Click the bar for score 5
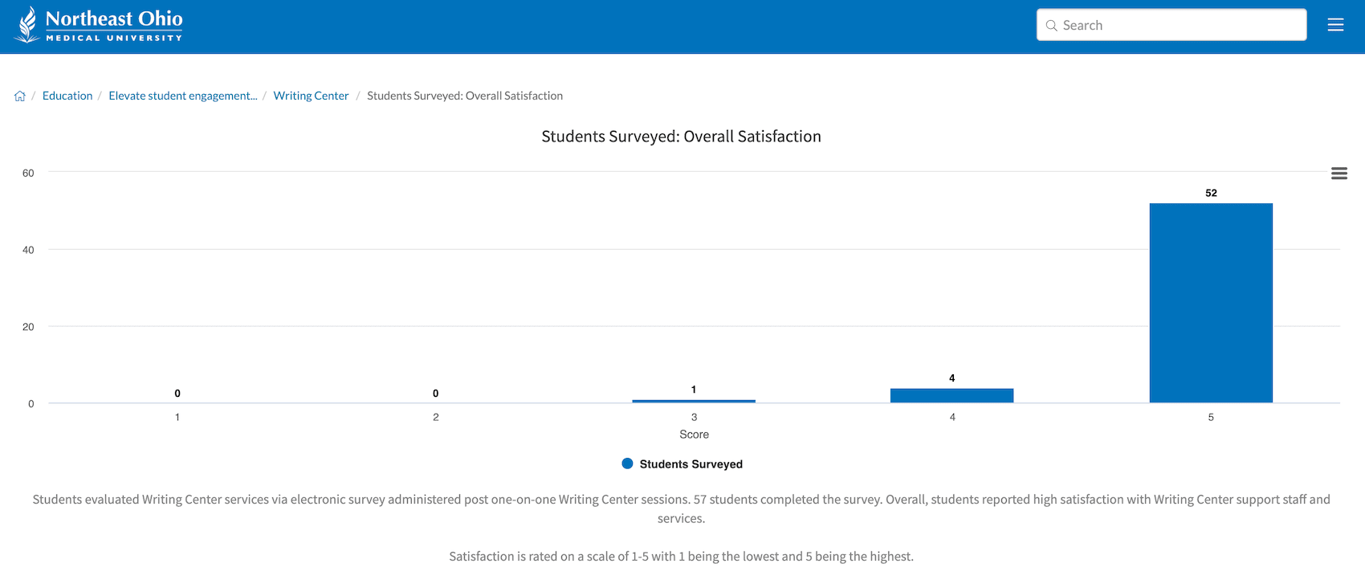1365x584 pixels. (1211, 303)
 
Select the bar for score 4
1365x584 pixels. (951, 395)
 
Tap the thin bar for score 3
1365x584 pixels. (694, 401)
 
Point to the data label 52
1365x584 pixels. (1211, 193)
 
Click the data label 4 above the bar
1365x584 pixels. (951, 378)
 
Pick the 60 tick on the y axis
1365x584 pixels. (28, 173)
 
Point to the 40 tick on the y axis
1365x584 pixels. (28, 250)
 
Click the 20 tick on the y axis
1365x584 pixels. (28, 327)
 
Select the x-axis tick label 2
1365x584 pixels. (436, 417)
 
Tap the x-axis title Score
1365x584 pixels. (694, 435)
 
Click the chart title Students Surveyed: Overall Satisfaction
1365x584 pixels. (681, 137)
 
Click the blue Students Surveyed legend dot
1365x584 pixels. (628, 464)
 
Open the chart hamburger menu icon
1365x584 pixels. (1339, 174)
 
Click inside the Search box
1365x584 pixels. (1180, 25)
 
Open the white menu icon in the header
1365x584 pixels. (1335, 25)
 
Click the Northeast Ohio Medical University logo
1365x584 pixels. (98, 25)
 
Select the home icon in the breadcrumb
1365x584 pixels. (20, 96)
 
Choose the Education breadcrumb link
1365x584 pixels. (67, 96)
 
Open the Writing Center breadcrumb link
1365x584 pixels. (311, 96)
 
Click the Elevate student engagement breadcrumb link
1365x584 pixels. (183, 96)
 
